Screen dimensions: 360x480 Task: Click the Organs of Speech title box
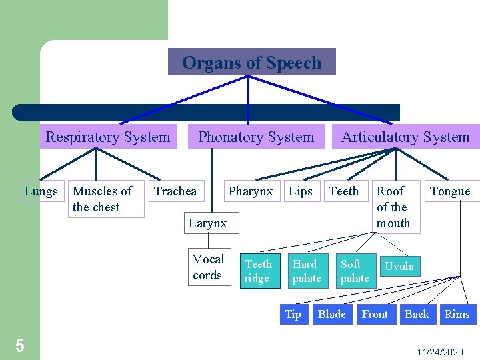click(251, 63)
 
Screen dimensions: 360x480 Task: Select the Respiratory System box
click(108, 137)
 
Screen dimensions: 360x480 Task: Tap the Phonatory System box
click(256, 137)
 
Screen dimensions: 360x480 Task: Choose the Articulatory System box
click(405, 137)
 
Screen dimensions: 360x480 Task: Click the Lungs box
click(41, 191)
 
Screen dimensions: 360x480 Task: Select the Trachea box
click(175, 191)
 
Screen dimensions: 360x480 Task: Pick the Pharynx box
click(251, 191)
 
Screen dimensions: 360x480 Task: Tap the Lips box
click(301, 191)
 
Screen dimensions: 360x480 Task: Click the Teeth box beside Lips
click(344, 191)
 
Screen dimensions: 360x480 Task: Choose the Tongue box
click(451, 191)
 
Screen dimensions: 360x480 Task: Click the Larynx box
click(207, 223)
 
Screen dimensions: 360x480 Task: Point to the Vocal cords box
click(208, 267)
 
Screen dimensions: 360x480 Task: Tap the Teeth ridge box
click(259, 271)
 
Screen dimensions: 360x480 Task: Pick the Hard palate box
click(307, 271)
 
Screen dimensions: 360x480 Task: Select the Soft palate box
click(354, 271)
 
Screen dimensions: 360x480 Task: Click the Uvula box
click(399, 266)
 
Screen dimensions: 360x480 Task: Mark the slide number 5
click(20, 346)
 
